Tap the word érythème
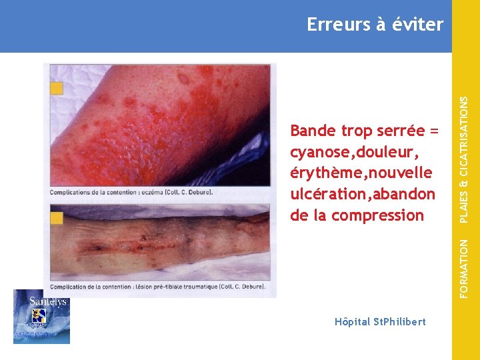click(322, 173)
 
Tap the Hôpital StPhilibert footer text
click(380, 322)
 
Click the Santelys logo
click(41, 317)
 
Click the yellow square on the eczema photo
click(57, 88)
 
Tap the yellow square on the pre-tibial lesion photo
click(57, 217)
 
